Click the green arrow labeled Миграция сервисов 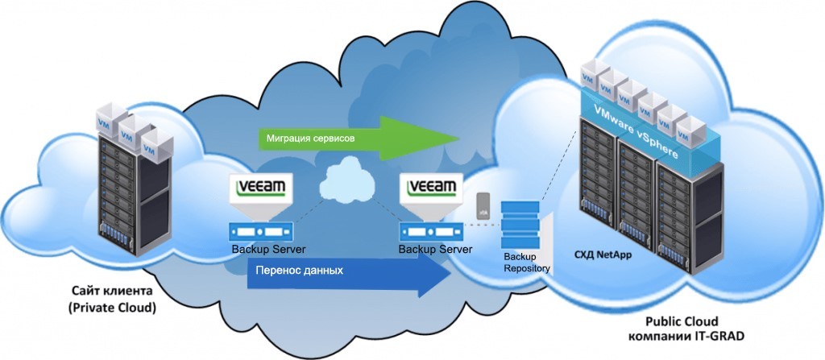pyautogui.click(x=354, y=138)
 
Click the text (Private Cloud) pyautogui.click(x=112, y=308)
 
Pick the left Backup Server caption pyautogui.click(x=268, y=248)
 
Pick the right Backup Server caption pyautogui.click(x=435, y=248)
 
